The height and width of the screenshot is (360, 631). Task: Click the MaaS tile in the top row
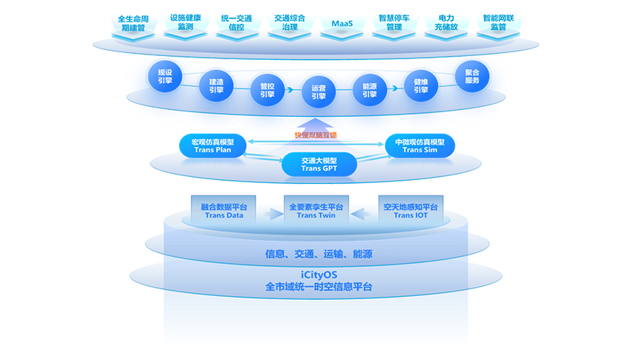click(x=342, y=22)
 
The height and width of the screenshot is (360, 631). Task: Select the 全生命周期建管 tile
click(x=132, y=22)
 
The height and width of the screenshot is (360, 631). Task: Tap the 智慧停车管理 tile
click(x=394, y=22)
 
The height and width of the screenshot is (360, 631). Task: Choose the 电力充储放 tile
click(x=446, y=22)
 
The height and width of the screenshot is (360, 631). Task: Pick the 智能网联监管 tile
click(x=498, y=22)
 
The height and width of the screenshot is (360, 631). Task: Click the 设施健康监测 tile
click(x=185, y=22)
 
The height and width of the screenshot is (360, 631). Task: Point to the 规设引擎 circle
click(x=164, y=76)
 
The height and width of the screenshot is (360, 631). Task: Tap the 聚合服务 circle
click(x=472, y=76)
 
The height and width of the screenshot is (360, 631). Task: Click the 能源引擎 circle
click(x=369, y=90)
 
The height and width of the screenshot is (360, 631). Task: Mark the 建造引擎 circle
click(x=215, y=85)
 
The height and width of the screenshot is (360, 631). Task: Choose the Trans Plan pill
click(x=212, y=145)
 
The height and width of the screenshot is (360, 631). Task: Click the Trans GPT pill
click(x=319, y=164)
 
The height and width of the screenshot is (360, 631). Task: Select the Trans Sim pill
click(x=419, y=145)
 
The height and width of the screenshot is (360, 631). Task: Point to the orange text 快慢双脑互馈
click(x=315, y=135)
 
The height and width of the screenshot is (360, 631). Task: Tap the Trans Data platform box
click(x=224, y=211)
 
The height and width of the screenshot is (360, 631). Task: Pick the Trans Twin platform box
click(x=316, y=211)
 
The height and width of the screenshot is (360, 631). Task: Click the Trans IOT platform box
click(x=409, y=211)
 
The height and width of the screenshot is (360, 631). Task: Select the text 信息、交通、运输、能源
click(x=319, y=253)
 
